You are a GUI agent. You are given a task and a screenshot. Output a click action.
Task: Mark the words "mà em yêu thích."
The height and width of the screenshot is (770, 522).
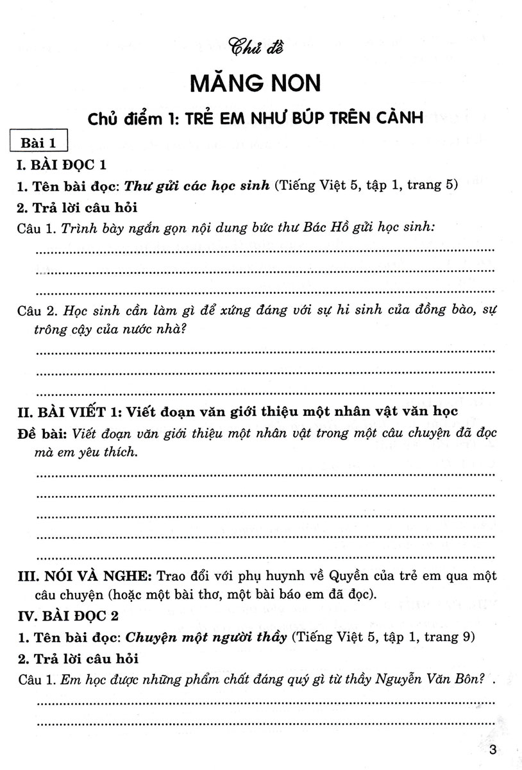point(86,452)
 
